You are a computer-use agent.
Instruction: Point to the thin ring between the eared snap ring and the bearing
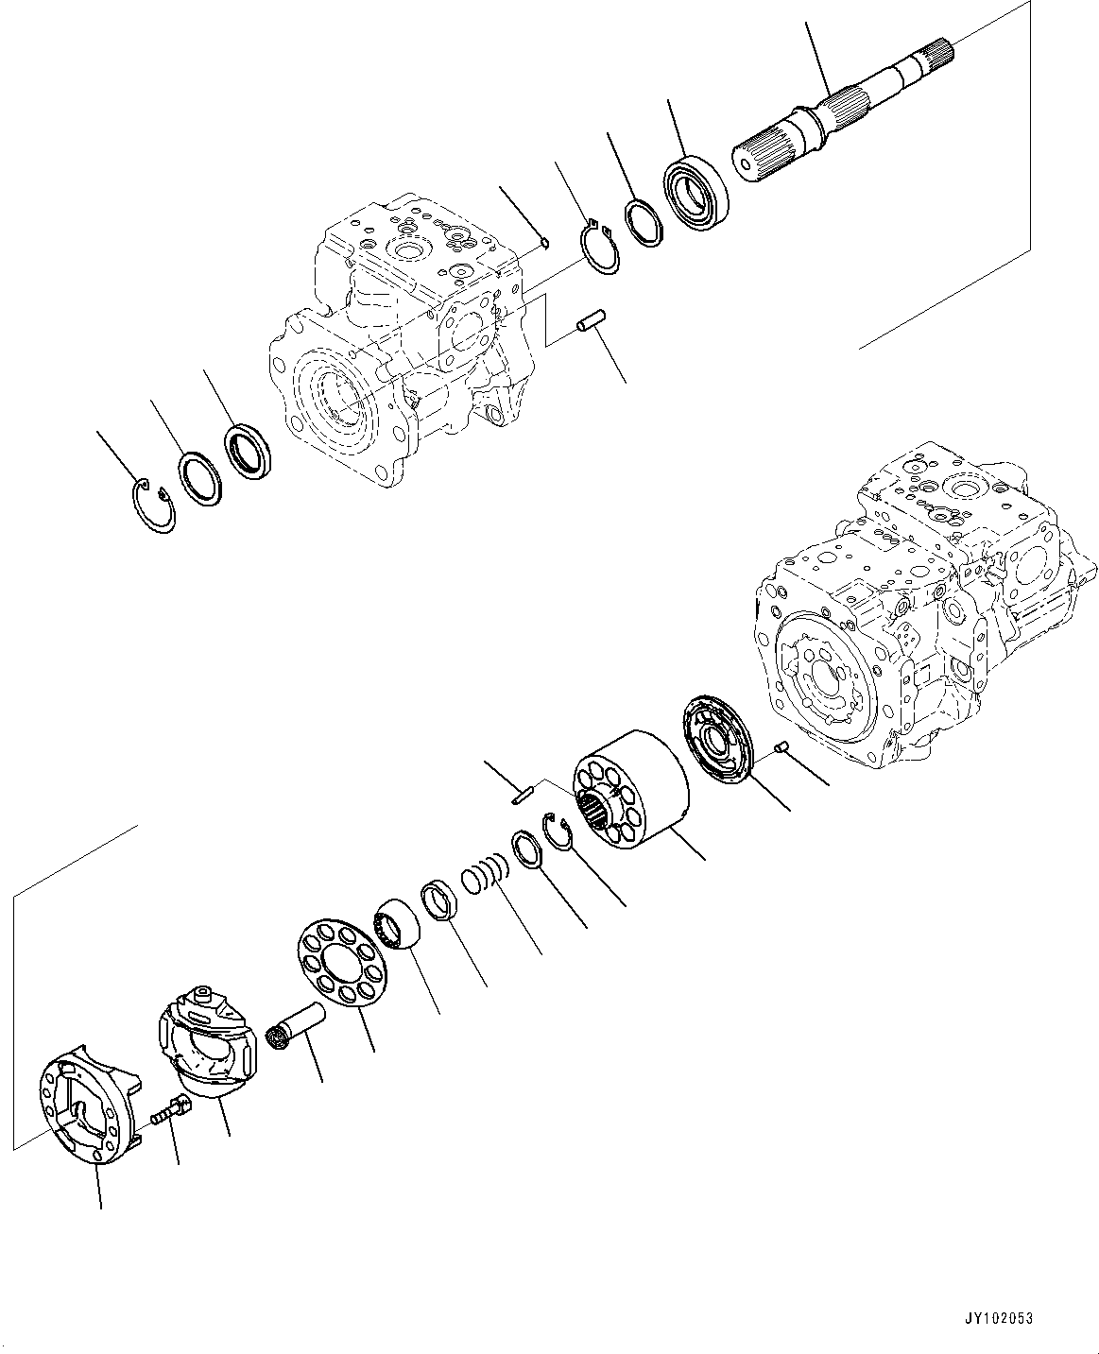click(646, 224)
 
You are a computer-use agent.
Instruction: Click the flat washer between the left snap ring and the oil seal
click(200, 477)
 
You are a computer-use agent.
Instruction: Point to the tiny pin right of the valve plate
click(781, 749)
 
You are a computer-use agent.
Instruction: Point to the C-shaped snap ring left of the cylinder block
click(559, 828)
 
